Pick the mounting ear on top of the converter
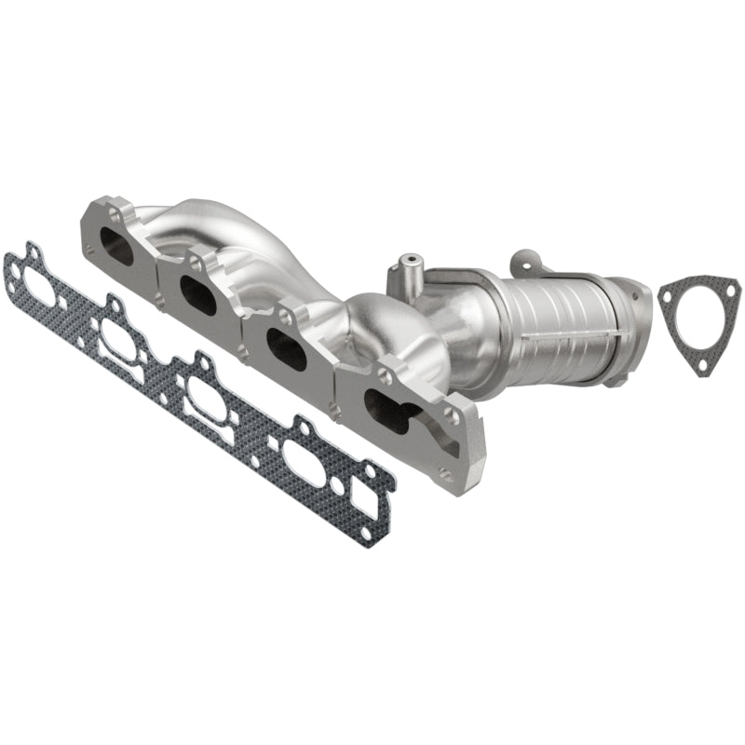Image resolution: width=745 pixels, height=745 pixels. [530, 258]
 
